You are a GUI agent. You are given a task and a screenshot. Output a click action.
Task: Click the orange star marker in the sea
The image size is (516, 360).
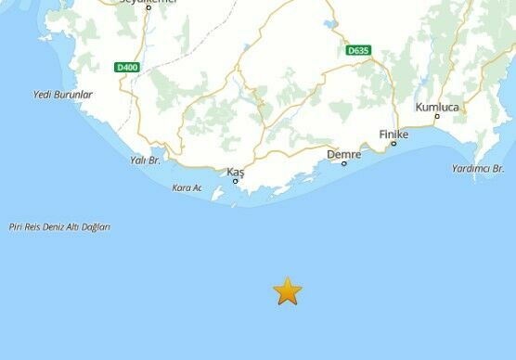(288, 291)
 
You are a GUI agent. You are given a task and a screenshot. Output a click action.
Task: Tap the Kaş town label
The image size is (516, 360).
(235, 172)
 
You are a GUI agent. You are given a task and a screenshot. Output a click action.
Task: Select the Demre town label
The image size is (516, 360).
(343, 154)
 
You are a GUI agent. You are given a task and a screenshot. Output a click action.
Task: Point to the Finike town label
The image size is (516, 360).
(393, 134)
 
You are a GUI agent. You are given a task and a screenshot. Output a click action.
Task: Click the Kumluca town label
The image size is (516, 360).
(437, 107)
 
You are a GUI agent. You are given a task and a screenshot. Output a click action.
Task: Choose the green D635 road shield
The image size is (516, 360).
(356, 50)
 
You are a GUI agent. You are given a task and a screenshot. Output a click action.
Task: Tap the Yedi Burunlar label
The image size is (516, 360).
(63, 95)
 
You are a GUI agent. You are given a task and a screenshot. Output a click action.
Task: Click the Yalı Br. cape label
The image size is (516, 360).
(147, 161)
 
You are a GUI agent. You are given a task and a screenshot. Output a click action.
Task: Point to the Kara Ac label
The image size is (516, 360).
(187, 188)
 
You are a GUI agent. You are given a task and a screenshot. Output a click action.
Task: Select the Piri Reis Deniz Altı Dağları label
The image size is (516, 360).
(58, 226)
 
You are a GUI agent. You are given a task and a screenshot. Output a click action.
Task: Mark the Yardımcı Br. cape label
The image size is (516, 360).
(477, 169)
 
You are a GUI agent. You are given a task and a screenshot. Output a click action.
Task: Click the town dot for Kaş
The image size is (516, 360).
(236, 181)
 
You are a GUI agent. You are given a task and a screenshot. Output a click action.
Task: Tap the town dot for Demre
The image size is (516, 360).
(344, 163)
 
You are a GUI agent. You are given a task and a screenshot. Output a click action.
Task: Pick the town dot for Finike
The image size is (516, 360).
(393, 144)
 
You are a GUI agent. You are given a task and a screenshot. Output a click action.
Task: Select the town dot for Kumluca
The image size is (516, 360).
(437, 116)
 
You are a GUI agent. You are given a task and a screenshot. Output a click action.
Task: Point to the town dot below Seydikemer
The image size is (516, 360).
(148, 8)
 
